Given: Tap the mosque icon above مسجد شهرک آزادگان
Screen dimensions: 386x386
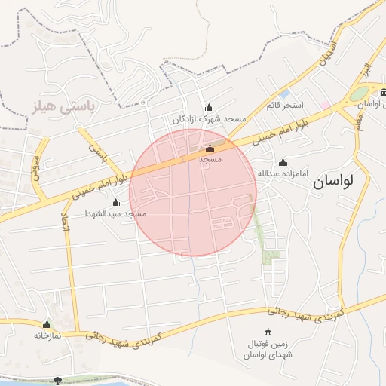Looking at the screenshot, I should click(210, 108).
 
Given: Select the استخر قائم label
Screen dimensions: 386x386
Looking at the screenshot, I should click(283, 104).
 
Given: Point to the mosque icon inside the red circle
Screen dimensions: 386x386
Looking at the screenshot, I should click(210, 148).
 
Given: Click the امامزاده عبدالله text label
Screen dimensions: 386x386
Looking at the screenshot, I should click(283, 174).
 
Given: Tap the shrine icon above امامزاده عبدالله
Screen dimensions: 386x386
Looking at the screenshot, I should click(283, 162).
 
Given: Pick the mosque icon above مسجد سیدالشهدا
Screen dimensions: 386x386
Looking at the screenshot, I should click(115, 202).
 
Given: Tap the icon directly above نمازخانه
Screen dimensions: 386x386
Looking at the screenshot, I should click(47, 324).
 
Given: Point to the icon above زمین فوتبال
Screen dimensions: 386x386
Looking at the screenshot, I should click(268, 332).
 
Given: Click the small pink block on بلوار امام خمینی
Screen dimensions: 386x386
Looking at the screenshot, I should click(326, 105).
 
